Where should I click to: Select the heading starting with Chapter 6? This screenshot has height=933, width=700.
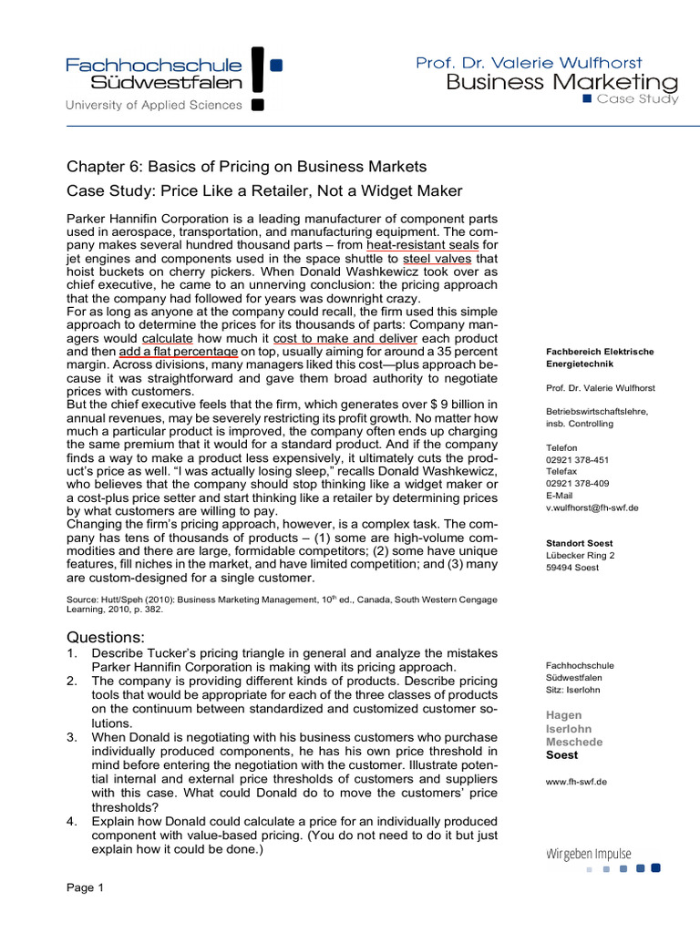coord(247,166)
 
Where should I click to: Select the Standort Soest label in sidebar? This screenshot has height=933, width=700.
coord(578,543)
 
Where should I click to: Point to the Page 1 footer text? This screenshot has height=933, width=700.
coord(87,888)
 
